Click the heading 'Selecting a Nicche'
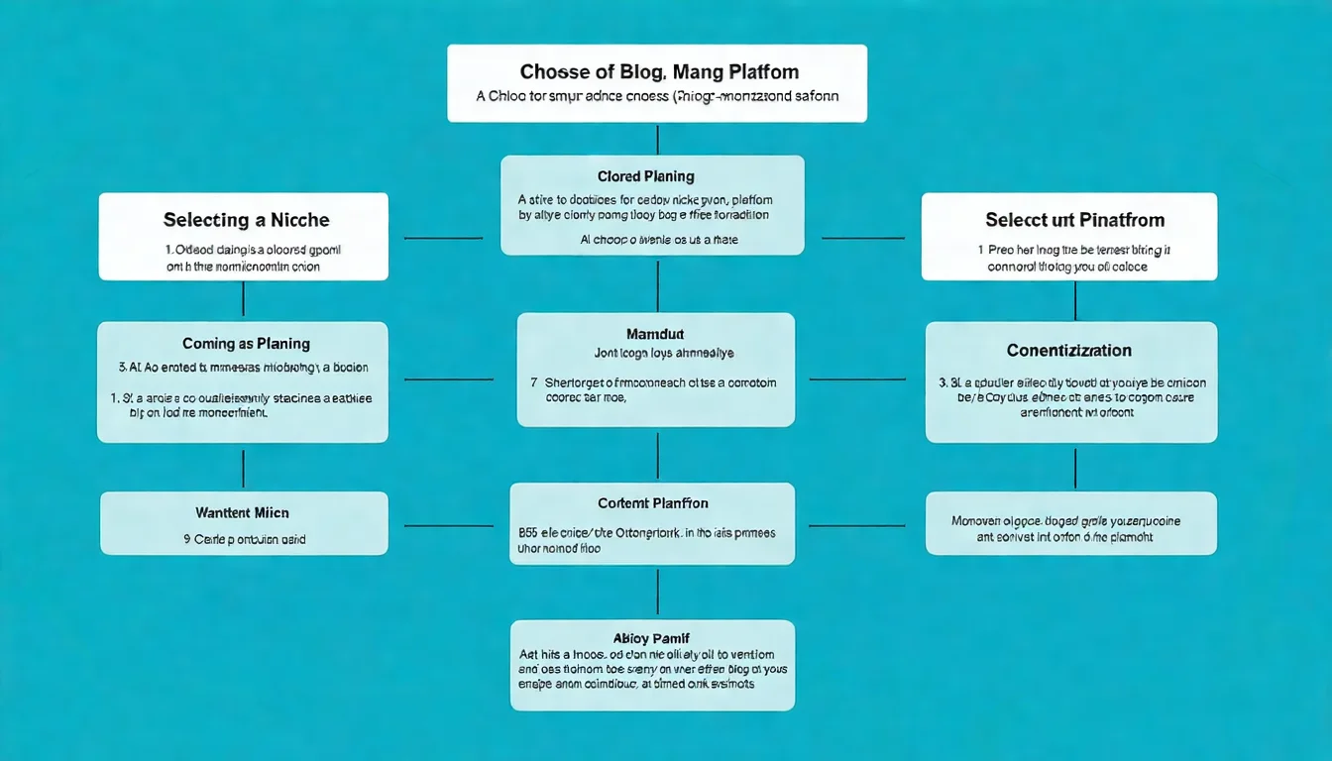tap(246, 219)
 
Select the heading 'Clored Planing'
tap(645, 176)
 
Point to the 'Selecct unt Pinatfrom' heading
tap(1074, 219)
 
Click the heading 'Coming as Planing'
tap(246, 344)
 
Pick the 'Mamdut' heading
tap(655, 334)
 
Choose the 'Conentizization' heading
tap(1068, 351)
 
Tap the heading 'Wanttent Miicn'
tap(242, 513)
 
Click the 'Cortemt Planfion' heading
tap(653, 503)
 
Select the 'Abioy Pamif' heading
tap(651, 638)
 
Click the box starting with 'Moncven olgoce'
tap(1070, 523)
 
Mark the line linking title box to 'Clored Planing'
tap(657, 139)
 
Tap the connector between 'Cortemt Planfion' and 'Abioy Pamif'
tap(657, 592)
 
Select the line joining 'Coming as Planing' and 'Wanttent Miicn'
tap(243, 467)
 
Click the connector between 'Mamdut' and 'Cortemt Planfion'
tap(657, 455)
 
